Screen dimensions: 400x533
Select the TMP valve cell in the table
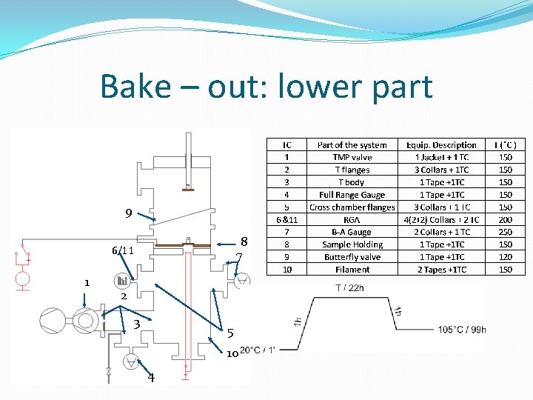(352, 157)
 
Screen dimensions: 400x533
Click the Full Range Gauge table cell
(352, 195)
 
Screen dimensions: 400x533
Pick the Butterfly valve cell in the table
(352, 257)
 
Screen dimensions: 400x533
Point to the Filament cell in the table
(352, 270)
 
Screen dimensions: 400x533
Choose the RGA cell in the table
(352, 219)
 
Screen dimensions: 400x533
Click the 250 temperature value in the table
(506, 232)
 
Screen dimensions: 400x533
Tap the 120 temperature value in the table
(506, 257)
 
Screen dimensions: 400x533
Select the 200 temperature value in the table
(506, 219)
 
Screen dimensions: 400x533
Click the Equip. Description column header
(441, 144)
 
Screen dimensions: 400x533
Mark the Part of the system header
(352, 144)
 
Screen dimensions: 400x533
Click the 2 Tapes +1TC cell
(441, 270)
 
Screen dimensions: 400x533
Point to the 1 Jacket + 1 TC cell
(441, 157)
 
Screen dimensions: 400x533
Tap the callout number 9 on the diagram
(129, 214)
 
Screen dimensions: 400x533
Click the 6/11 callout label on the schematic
(122, 250)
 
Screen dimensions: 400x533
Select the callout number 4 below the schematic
(151, 378)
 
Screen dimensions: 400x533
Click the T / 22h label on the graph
(350, 288)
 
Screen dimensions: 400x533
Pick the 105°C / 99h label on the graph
(462, 330)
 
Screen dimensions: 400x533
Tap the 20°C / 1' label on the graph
(257, 350)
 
